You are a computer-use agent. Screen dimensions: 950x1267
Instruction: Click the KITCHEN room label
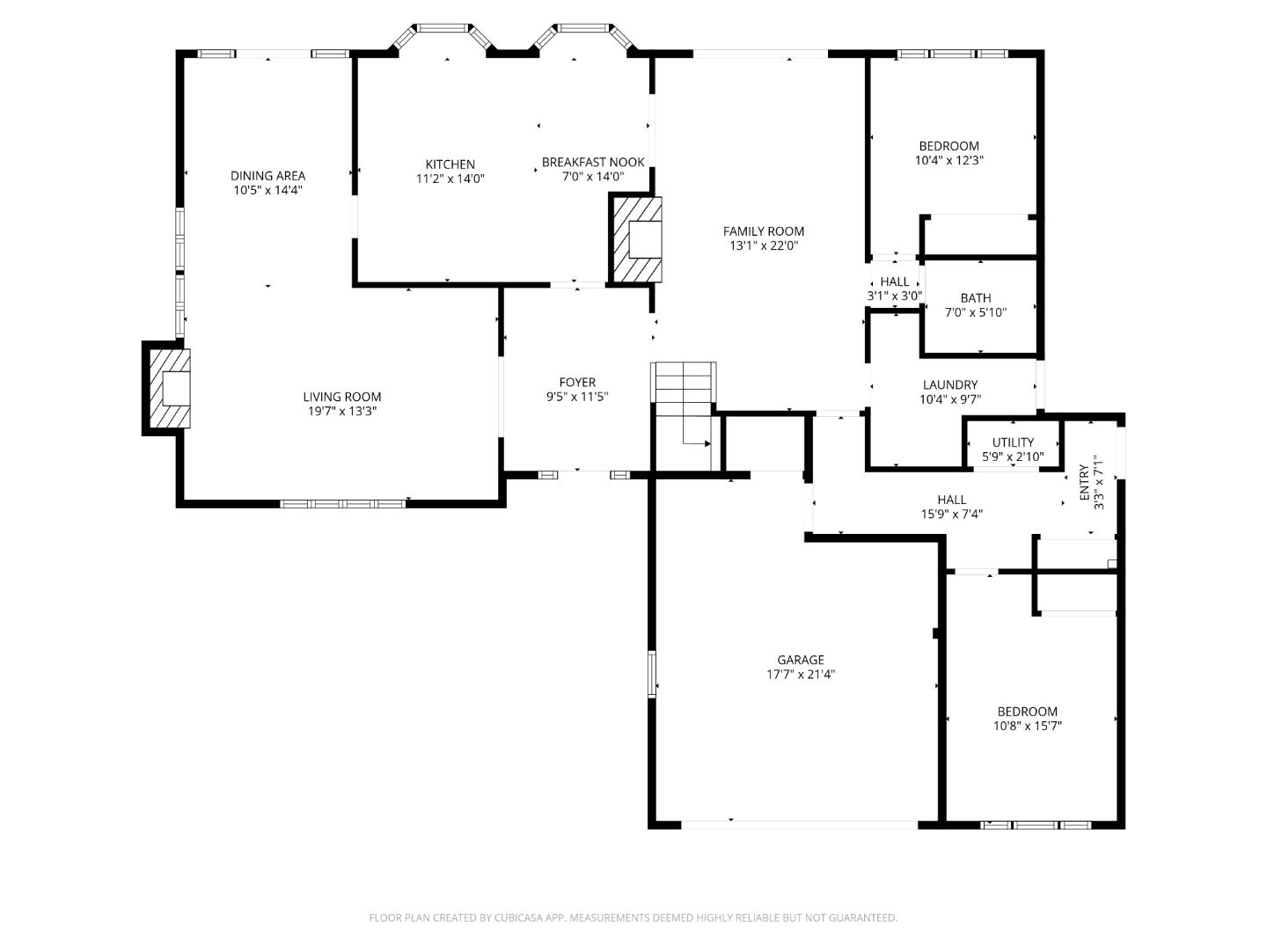(450, 164)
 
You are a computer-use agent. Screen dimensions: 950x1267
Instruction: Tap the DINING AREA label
(267, 176)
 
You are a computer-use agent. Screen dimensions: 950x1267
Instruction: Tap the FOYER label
(577, 382)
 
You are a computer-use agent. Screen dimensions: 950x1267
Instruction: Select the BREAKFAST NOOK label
(593, 162)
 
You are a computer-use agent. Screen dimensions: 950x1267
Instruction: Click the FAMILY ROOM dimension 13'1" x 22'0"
(763, 246)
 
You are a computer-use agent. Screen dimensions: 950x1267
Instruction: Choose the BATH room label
(975, 298)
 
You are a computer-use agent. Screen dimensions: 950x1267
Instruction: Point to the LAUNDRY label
(949, 384)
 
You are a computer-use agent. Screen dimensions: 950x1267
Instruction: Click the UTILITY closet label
(1013, 442)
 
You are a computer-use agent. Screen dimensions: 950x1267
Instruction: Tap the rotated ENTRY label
(1084, 483)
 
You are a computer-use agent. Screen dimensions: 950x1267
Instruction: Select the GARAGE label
(800, 660)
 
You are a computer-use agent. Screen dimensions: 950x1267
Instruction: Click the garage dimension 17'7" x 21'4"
(800, 675)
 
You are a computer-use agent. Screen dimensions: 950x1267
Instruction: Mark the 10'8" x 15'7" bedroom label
(1027, 712)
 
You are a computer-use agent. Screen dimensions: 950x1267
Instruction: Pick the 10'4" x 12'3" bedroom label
(948, 146)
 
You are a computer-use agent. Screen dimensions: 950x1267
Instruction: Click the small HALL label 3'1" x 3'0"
(894, 281)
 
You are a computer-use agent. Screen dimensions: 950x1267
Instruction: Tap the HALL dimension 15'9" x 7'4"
(951, 515)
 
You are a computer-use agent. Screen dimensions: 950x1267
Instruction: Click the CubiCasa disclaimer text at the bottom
(633, 917)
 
